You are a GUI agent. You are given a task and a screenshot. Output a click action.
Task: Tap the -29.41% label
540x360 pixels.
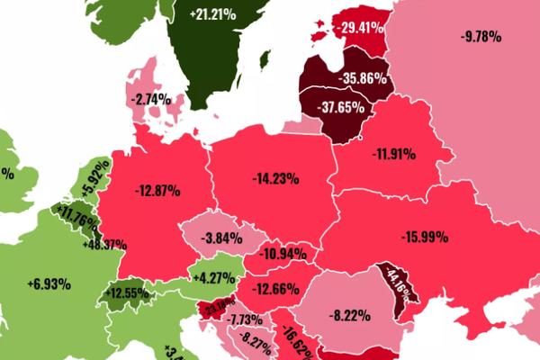364,28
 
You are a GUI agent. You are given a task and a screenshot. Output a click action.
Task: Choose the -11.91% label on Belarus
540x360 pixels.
392,154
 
